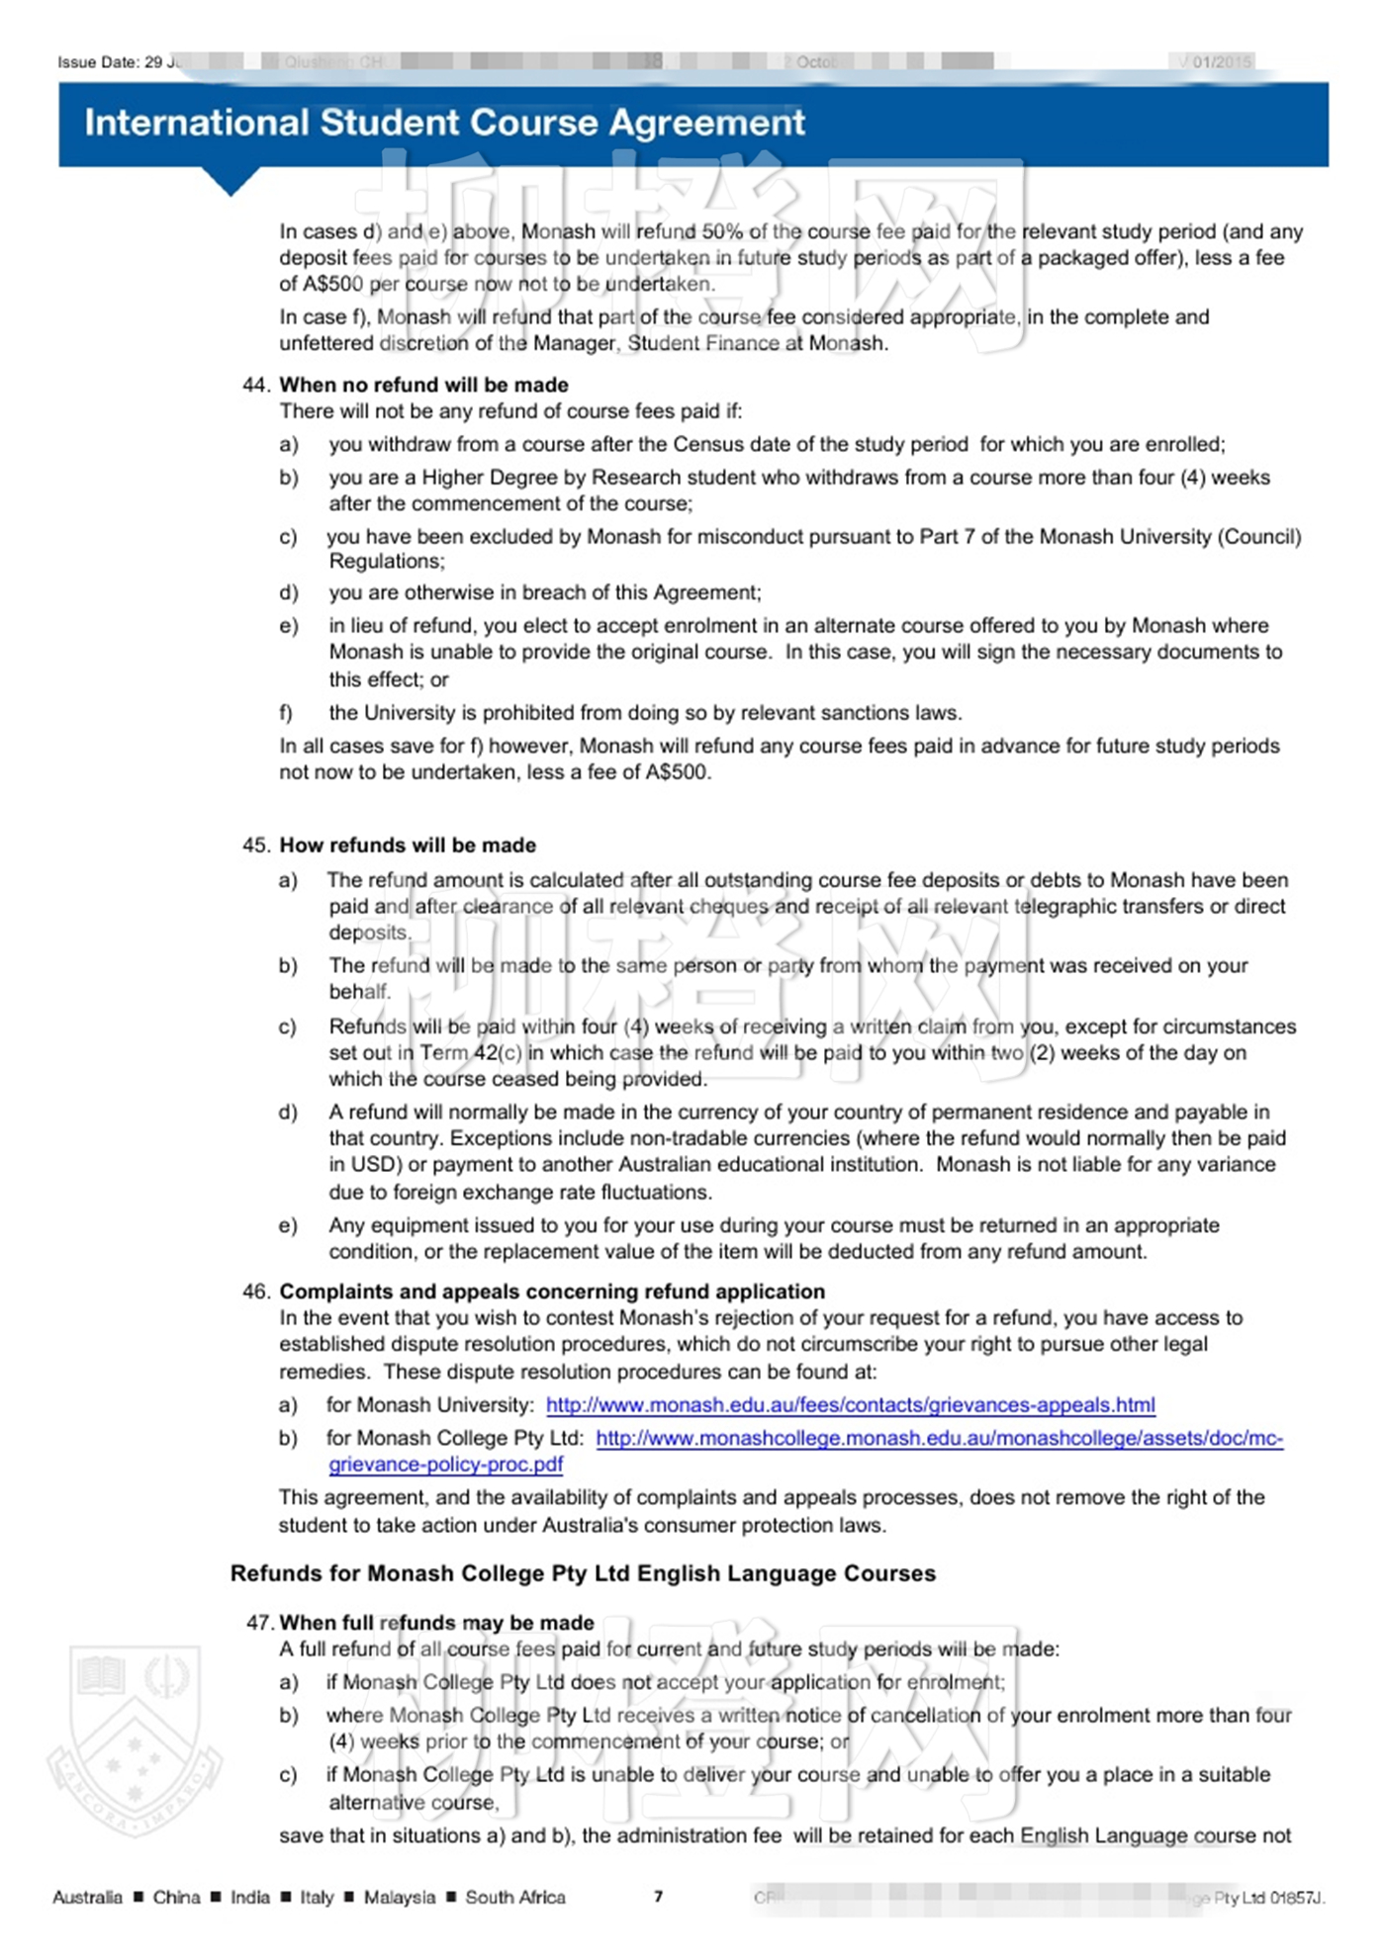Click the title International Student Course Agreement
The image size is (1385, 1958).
[444, 123]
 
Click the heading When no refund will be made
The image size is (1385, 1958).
[423, 385]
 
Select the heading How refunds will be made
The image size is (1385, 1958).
[408, 845]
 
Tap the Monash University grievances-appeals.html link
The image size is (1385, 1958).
[850, 1405]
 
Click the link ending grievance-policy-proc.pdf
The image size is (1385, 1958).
[445, 1465]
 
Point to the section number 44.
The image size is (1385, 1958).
[255, 385]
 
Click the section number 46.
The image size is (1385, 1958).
[255, 1291]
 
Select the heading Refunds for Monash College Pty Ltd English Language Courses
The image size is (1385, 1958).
[583, 1573]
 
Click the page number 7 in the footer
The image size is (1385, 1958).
[658, 1896]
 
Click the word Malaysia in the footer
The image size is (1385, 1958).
[400, 1897]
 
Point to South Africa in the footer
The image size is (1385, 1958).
[515, 1897]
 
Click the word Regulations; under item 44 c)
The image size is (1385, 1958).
[387, 562]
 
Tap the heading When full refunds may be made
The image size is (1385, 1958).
[436, 1623]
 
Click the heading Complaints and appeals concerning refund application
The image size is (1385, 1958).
[552, 1291]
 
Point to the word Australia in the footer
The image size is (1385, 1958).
[87, 1897]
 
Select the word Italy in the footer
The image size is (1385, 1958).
[317, 1897]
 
